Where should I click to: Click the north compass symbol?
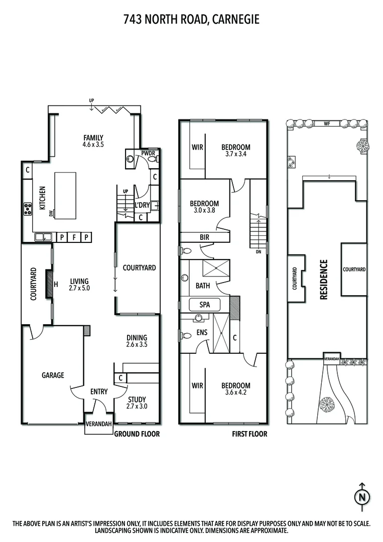(x=361, y=497)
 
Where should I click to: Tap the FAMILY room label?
(x=93, y=138)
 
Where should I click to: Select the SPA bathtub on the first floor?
(x=205, y=305)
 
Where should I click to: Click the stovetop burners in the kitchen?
(x=27, y=209)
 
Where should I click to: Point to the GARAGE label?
(x=53, y=375)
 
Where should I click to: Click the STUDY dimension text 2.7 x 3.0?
(x=137, y=406)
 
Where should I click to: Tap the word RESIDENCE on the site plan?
(x=324, y=280)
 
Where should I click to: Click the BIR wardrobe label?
(x=204, y=237)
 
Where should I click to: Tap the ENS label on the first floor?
(x=202, y=332)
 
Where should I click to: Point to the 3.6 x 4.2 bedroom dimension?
(x=236, y=393)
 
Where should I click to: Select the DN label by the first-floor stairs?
(x=259, y=252)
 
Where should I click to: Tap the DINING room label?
(x=137, y=338)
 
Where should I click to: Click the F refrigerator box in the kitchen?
(x=74, y=237)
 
